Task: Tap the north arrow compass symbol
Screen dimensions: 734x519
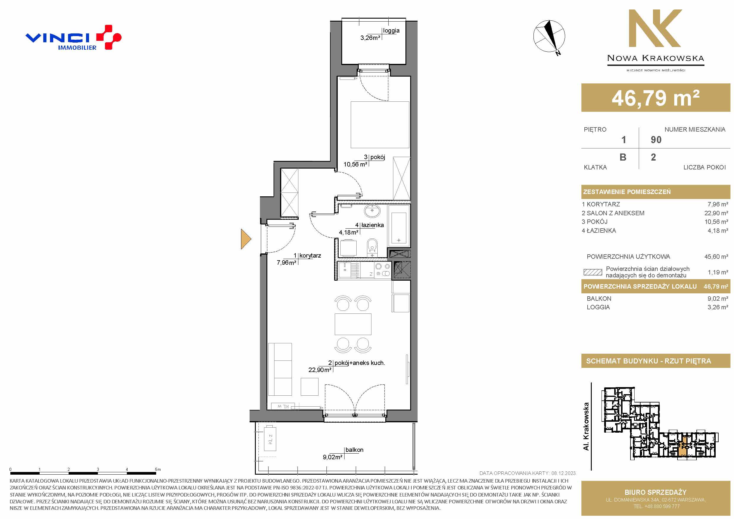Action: click(x=549, y=37)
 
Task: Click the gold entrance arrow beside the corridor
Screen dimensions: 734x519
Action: click(x=246, y=239)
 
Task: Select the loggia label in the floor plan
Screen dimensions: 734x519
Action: click(x=391, y=31)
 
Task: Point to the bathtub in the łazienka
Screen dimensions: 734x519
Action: click(x=399, y=224)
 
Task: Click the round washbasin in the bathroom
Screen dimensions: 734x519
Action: click(x=372, y=211)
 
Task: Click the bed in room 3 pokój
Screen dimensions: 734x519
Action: click(x=380, y=125)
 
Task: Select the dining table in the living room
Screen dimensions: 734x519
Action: click(x=353, y=324)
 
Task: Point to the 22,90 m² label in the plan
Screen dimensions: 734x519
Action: click(x=320, y=370)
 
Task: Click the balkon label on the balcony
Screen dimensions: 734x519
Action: click(x=354, y=450)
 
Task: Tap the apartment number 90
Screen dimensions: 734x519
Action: click(x=656, y=140)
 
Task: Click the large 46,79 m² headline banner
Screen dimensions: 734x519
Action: click(x=656, y=98)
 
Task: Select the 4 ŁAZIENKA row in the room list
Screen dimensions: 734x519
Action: click(x=655, y=231)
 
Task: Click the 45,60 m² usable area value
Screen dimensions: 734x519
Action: click(x=716, y=256)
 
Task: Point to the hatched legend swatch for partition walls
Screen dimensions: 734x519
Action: click(x=593, y=272)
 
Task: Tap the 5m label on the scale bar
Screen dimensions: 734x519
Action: click(x=158, y=469)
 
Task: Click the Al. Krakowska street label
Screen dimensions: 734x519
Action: click(x=586, y=426)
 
